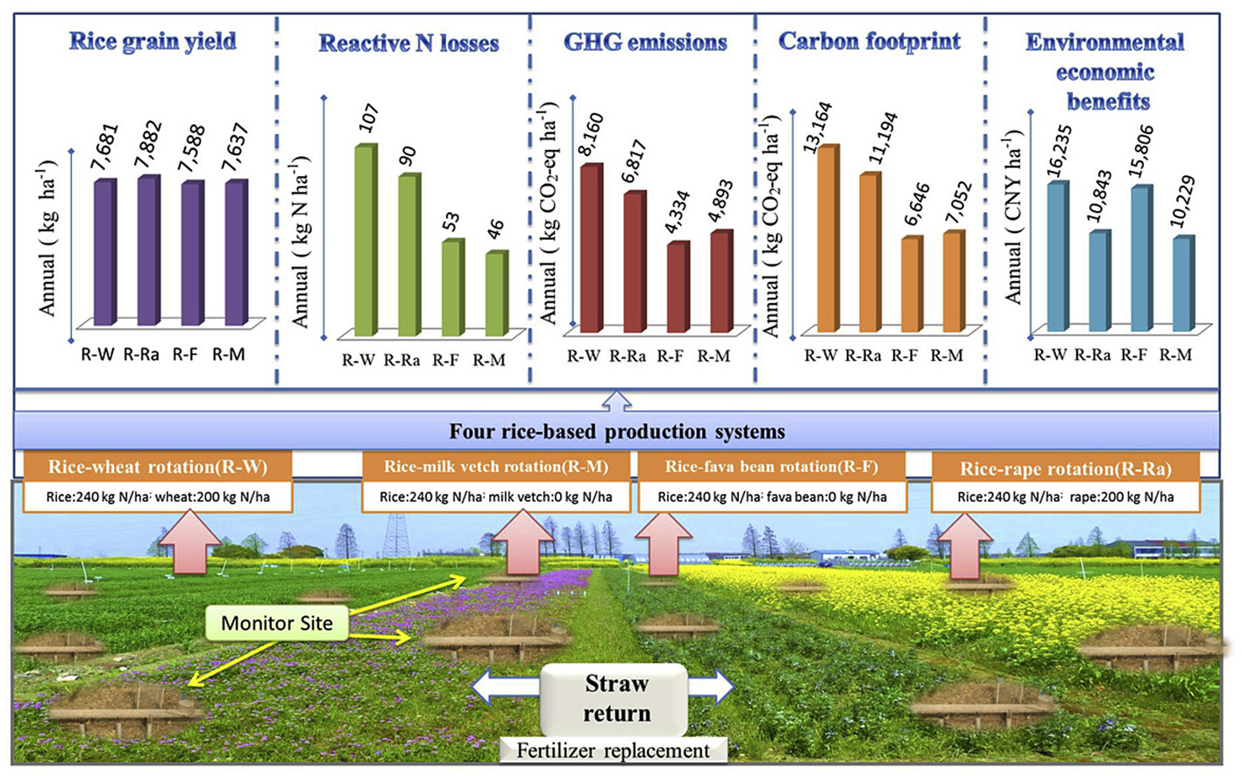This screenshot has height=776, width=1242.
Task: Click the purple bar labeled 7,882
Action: (x=149, y=250)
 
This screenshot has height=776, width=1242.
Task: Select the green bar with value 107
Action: (x=366, y=240)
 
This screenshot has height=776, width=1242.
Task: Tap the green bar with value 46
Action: (x=497, y=293)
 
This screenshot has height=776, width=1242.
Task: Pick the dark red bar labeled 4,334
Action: (x=678, y=287)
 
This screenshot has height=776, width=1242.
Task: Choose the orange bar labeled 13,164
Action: (x=828, y=238)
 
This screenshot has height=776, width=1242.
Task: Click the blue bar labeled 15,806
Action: (x=1142, y=258)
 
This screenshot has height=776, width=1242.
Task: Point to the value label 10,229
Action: (x=1182, y=201)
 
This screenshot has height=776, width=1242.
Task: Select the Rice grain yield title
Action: (x=153, y=42)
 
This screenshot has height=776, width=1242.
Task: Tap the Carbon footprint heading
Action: (x=869, y=42)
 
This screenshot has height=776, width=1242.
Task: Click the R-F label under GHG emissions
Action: (x=671, y=356)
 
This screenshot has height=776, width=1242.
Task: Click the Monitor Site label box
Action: (x=277, y=623)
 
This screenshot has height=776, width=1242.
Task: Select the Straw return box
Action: (x=614, y=699)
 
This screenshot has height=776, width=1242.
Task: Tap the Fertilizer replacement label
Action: (x=614, y=751)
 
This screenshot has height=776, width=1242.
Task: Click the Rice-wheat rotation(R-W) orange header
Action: (x=158, y=467)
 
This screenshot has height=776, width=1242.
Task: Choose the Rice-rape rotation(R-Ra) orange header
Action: (x=1066, y=469)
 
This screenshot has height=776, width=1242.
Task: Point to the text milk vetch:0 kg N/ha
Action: (x=550, y=497)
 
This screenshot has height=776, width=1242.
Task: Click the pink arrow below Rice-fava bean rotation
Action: (x=664, y=543)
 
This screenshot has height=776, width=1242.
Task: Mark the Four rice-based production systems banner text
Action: (x=617, y=432)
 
